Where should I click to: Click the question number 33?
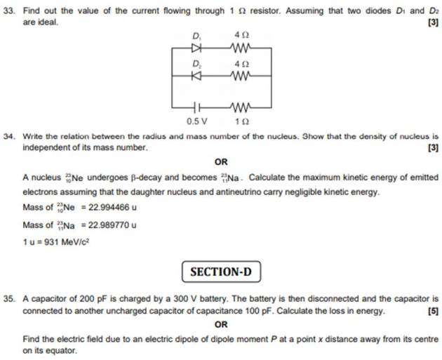click(10, 11)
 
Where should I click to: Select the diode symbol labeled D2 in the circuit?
click(197, 72)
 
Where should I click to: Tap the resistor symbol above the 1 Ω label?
click(241, 108)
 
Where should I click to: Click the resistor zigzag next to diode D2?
click(241, 72)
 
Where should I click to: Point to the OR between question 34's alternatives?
click(220, 161)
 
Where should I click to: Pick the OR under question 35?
click(220, 324)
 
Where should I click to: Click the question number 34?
click(10, 136)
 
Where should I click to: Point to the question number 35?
click(10, 298)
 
